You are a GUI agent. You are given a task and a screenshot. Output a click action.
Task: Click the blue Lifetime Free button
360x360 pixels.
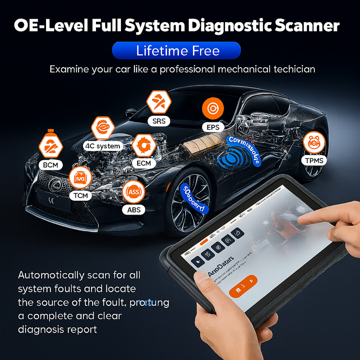coord(176,50)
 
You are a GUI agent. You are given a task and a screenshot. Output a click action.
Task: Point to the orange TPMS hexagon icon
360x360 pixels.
coord(314,142)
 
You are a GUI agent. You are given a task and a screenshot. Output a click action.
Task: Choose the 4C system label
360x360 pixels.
coord(102,145)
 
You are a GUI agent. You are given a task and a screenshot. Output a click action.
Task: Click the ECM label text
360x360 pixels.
coord(143,163)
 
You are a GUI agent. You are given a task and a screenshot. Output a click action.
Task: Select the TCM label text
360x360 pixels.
coord(80,196)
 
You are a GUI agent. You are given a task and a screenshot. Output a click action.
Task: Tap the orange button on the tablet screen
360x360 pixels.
coord(242,286)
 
